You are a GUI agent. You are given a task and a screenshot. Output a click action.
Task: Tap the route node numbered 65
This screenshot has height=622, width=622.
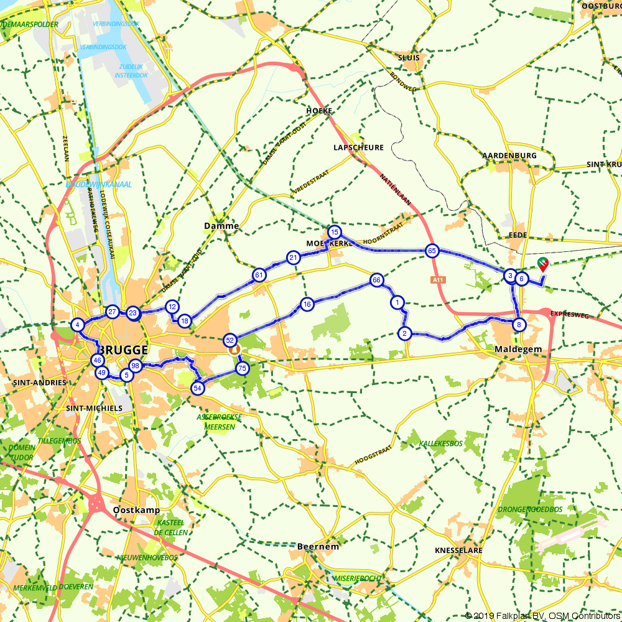pos(432,251)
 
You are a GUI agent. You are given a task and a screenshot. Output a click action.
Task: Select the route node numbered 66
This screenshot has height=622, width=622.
pos(376,280)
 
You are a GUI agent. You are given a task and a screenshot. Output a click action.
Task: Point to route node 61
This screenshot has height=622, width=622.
pos(259,274)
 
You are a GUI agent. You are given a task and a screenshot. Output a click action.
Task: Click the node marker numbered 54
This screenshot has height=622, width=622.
pos(197,388)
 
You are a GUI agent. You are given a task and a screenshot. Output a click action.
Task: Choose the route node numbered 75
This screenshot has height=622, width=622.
pos(243,368)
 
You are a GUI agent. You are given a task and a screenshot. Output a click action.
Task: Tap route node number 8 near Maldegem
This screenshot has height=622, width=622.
pos(518,324)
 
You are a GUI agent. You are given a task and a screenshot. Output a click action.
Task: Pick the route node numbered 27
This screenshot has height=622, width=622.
pos(112,312)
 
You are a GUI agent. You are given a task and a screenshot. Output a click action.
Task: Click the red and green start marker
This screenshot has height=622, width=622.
pos(543,264)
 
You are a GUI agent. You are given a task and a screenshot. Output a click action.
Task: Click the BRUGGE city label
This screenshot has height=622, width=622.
pos(123,349)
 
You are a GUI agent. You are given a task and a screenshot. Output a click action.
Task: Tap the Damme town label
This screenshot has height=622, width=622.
pos(221,226)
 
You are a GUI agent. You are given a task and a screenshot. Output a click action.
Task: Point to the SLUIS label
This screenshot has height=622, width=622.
pos(408,57)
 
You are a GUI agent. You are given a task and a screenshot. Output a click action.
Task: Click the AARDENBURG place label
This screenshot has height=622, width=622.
pos(509,155)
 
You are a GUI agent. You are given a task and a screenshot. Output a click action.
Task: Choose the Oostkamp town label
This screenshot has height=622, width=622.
pos(137,510)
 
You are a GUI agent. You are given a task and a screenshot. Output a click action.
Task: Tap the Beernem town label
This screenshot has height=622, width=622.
pos(318,546)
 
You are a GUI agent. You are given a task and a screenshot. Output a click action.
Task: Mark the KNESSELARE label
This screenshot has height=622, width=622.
pos(460,551)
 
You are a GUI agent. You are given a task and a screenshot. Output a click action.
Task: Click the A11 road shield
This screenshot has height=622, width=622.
pos(438,281)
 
